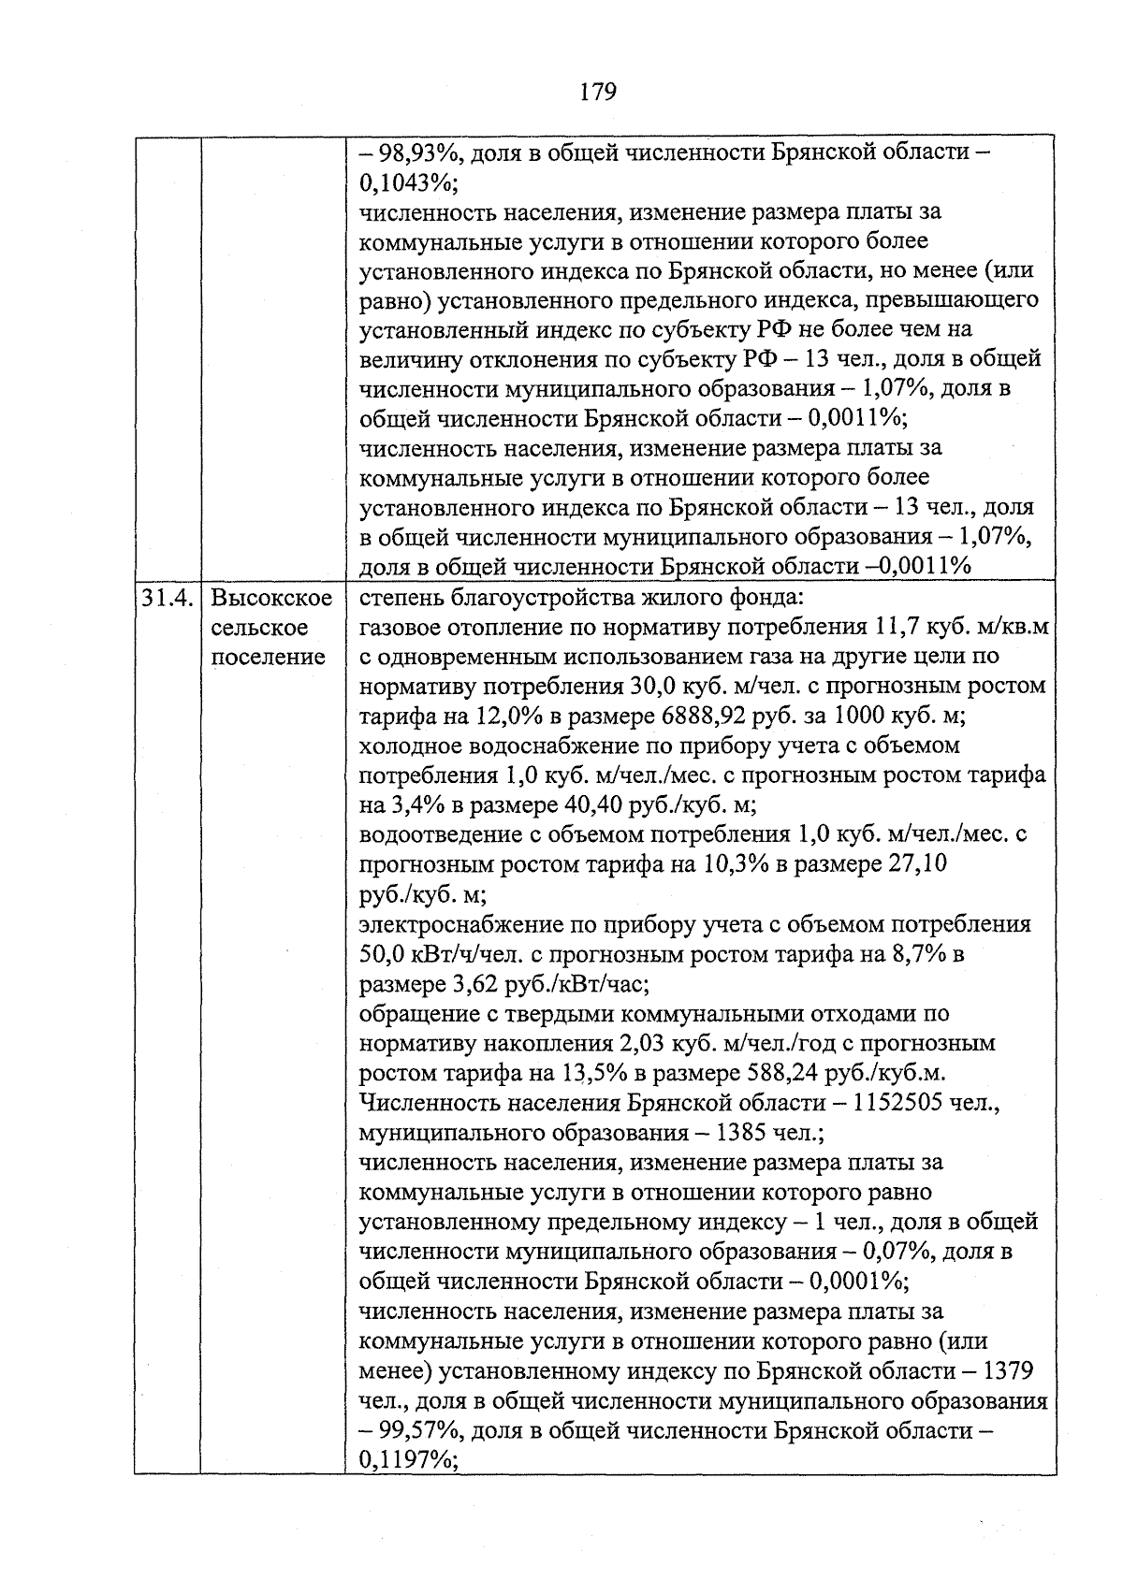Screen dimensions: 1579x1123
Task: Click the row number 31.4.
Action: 167,597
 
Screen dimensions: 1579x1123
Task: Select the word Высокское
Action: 271,597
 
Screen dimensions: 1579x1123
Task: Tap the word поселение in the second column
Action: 268,657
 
